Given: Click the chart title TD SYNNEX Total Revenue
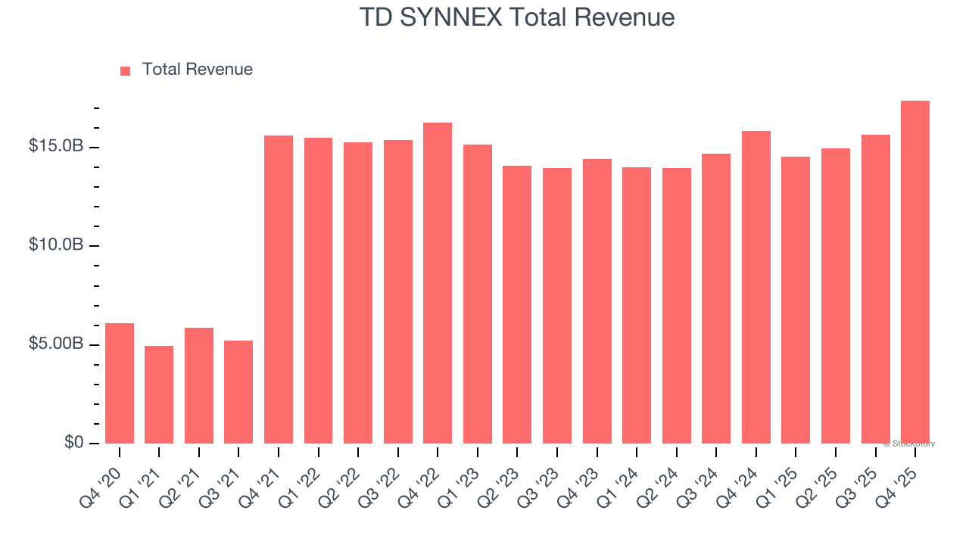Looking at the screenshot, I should click(516, 17).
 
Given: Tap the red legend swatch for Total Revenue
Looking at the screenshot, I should click(126, 70).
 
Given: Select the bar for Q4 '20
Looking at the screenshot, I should click(120, 383).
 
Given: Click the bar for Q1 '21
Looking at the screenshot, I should click(159, 394).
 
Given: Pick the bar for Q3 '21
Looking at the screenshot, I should click(238, 391).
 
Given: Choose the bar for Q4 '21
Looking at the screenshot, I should click(279, 289).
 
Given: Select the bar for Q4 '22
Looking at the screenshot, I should click(438, 283).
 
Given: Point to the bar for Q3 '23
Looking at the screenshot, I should click(557, 306).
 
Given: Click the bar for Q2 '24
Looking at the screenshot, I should click(676, 306).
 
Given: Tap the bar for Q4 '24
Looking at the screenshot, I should click(756, 288).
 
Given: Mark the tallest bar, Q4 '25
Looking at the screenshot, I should click(915, 272).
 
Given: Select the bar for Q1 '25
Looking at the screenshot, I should click(796, 300).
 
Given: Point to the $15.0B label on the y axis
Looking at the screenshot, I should click(56, 145).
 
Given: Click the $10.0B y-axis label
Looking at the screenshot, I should click(56, 244).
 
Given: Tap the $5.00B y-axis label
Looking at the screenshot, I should click(56, 344).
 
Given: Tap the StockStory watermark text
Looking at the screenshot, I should click(909, 444).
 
